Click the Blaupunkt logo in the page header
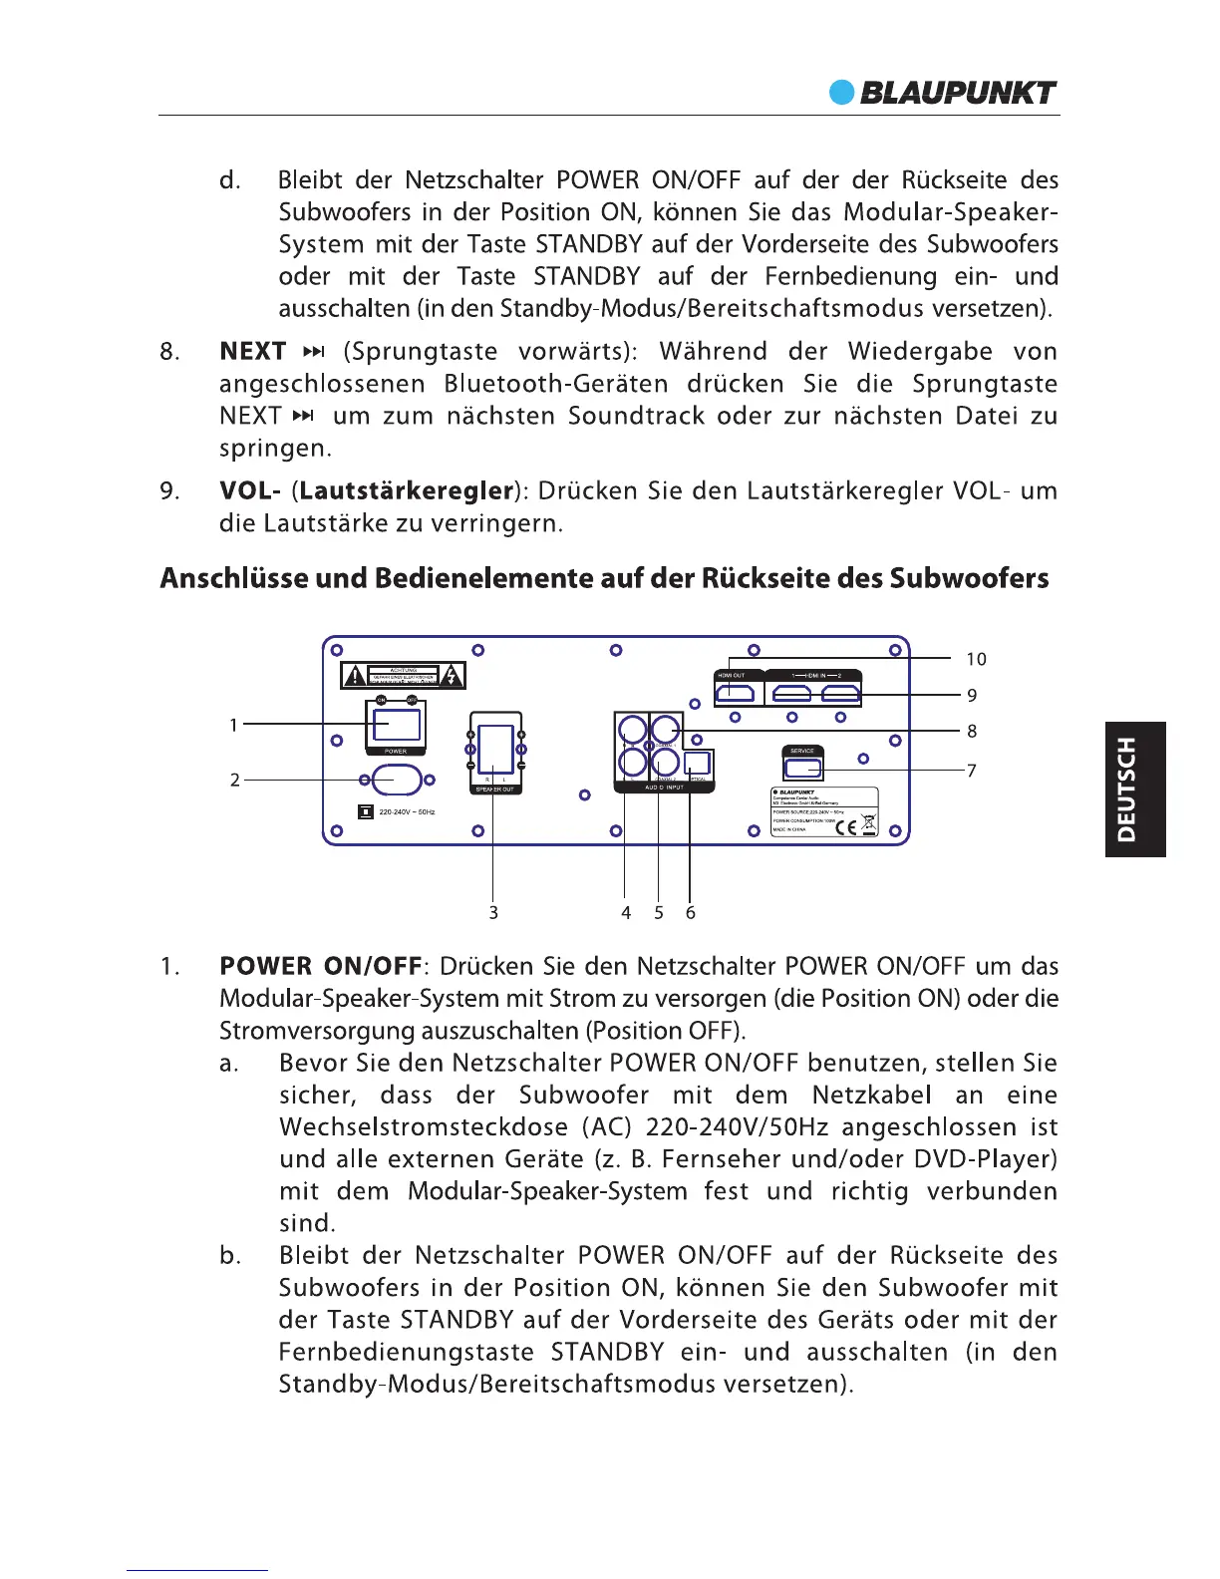(x=943, y=93)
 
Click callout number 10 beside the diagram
(x=976, y=659)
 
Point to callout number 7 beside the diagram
(x=971, y=770)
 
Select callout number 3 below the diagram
(x=493, y=912)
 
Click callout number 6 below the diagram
(x=690, y=912)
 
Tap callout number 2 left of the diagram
(x=235, y=780)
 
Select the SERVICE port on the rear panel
(x=802, y=769)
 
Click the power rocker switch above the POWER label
(x=396, y=722)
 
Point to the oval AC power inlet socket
(x=397, y=780)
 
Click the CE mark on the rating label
(x=845, y=824)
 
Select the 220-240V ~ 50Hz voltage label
(x=407, y=812)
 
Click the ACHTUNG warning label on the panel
(x=403, y=676)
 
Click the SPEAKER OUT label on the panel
(x=494, y=789)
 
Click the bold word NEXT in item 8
(x=253, y=352)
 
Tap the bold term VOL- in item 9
(x=250, y=491)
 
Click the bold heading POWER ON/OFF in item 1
(x=321, y=967)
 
